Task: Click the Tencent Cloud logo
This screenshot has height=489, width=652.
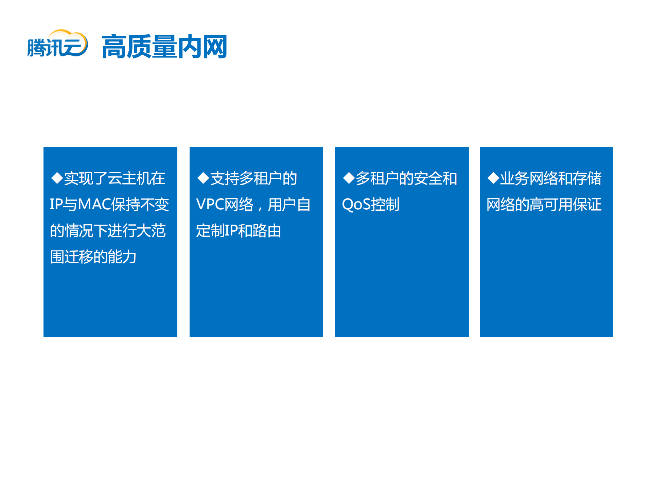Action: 57,44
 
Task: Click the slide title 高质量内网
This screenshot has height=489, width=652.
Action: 164,47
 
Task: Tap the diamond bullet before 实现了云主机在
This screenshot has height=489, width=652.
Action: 57,178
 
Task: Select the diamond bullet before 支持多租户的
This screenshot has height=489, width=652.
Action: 203,178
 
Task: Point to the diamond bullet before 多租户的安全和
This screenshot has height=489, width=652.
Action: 349,178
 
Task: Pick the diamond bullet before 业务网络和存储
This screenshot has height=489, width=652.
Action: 493,178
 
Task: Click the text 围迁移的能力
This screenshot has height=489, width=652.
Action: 93,257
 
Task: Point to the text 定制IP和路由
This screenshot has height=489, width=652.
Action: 239,231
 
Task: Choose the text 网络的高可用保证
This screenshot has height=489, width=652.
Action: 544,205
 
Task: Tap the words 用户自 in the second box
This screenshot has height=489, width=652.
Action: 289,205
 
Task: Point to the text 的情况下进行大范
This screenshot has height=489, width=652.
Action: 108,231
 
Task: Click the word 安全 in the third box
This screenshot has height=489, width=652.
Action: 421,178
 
